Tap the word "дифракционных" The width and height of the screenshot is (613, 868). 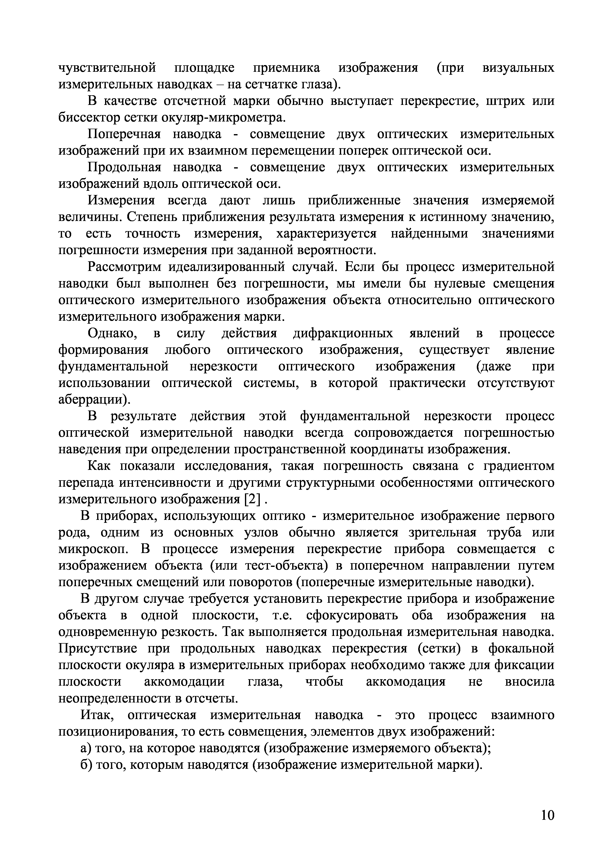(343, 334)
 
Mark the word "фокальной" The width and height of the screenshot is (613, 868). (521, 649)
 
